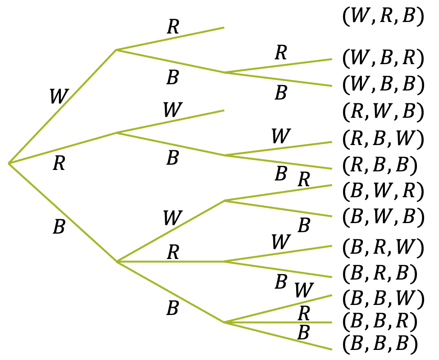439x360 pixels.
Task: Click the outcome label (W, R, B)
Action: (x=383, y=17)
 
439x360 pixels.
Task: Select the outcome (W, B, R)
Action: (x=383, y=58)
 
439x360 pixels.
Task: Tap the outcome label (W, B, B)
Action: (x=383, y=85)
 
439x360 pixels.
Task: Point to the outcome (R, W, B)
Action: (x=383, y=112)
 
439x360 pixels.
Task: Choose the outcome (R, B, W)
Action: (x=383, y=139)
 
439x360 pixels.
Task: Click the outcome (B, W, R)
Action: (x=383, y=191)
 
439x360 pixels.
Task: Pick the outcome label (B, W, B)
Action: (x=383, y=218)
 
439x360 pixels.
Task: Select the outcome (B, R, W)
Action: (x=383, y=247)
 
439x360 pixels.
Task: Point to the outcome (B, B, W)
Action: (x=383, y=299)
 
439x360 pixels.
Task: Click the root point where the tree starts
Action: (x=9, y=164)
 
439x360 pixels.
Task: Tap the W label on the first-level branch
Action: (x=58, y=97)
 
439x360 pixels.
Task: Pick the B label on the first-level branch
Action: (x=58, y=227)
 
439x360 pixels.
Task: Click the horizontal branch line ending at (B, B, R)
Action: (x=278, y=322)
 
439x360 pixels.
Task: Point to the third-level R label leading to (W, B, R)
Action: (x=281, y=53)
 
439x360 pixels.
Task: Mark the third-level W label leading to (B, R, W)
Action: (x=280, y=242)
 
